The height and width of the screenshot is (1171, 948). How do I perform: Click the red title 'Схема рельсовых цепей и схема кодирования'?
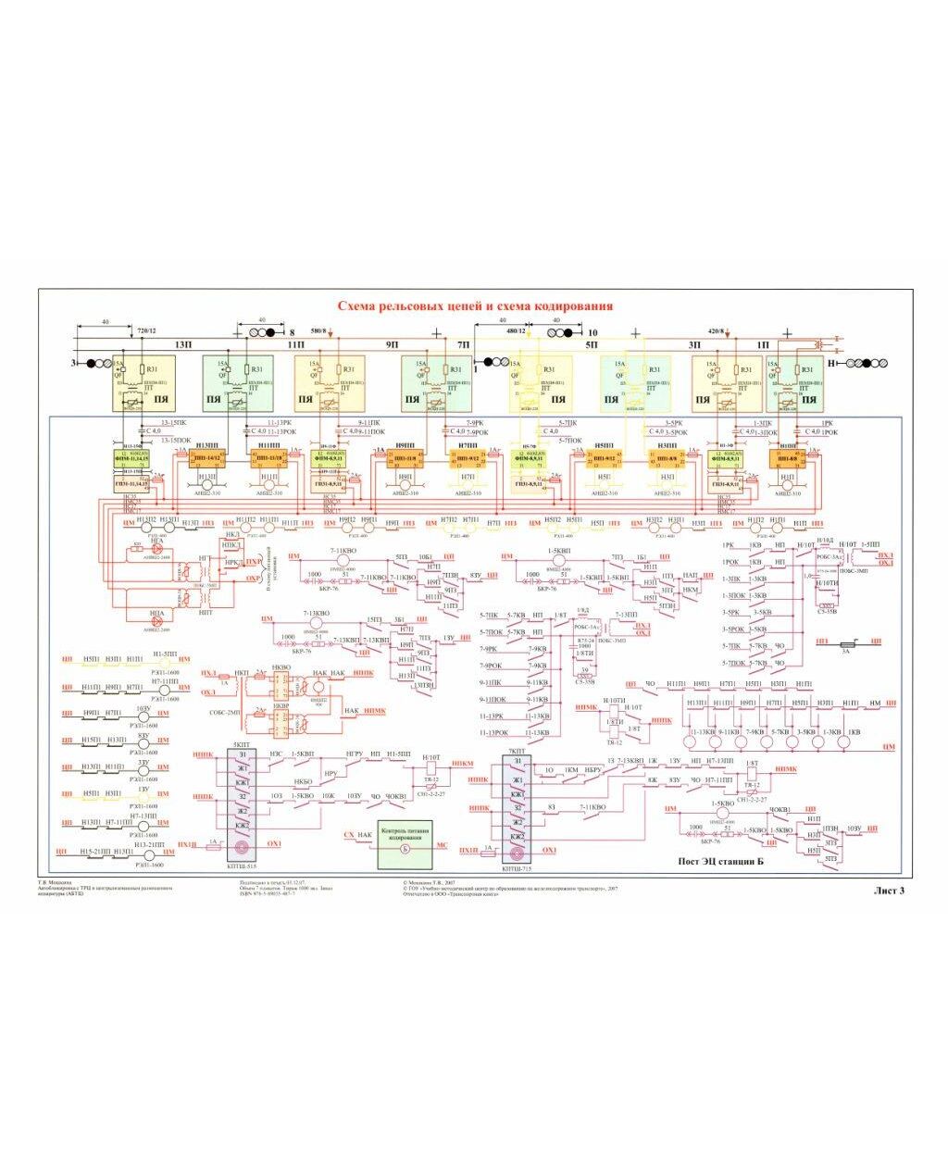(474, 306)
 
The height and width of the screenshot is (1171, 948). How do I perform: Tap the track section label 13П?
(182, 343)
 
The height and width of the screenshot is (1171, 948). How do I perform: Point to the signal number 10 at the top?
(593, 331)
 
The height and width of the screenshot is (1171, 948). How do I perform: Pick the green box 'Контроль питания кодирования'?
(405, 844)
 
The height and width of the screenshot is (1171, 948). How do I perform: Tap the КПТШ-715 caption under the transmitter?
(516, 870)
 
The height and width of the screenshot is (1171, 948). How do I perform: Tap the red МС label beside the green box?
(442, 844)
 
